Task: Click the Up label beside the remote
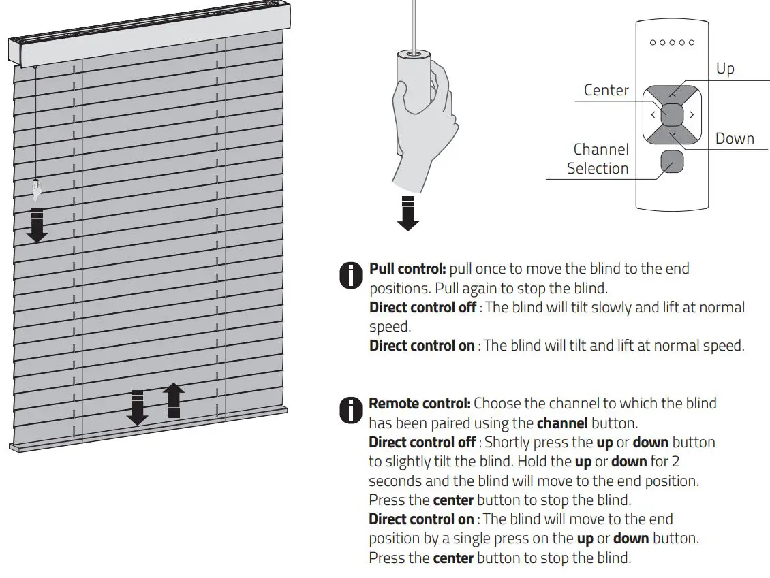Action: point(725,69)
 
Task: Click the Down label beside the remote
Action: point(735,139)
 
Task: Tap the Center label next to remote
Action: point(606,90)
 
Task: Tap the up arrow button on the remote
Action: point(673,93)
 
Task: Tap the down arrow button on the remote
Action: point(673,137)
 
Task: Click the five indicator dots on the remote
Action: point(672,42)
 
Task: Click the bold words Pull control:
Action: point(407,268)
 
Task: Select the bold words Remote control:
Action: point(419,403)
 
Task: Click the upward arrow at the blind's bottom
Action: point(174,400)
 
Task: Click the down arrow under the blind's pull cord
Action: point(37,225)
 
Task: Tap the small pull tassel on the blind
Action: point(36,187)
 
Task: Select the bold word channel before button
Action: point(562,423)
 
